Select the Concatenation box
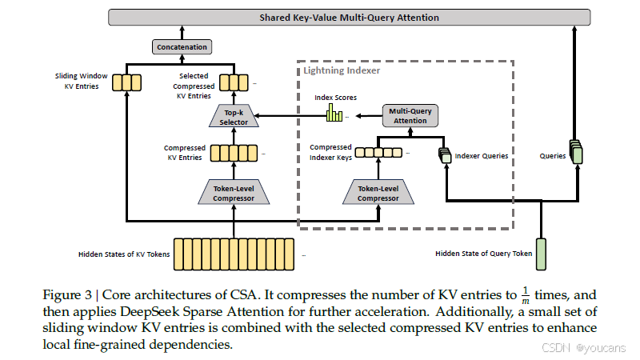coord(181,47)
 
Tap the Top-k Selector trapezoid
coord(234,118)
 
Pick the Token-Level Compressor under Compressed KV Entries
coord(234,193)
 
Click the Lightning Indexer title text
coord(341,70)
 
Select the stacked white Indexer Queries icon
coord(445,156)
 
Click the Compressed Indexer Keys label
coord(330,151)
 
